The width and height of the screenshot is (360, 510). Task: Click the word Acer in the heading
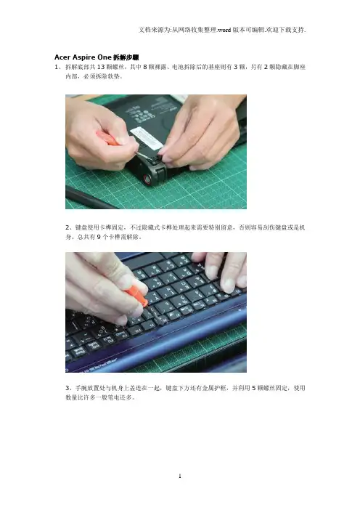(62, 57)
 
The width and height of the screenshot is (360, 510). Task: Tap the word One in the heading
(105, 57)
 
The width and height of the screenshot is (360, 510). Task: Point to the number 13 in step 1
(101, 67)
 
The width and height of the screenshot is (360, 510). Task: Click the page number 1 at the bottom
(180, 476)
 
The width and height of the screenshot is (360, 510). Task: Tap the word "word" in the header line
(224, 30)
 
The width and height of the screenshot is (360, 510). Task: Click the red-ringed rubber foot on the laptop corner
(147, 179)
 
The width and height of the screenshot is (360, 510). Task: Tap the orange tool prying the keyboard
(136, 294)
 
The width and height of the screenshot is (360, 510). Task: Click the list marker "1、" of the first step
(58, 67)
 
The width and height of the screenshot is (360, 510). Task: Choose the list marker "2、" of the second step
(70, 227)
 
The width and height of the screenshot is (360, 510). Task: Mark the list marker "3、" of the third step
(70, 388)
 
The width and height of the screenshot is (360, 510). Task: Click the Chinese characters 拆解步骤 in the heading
(126, 57)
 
